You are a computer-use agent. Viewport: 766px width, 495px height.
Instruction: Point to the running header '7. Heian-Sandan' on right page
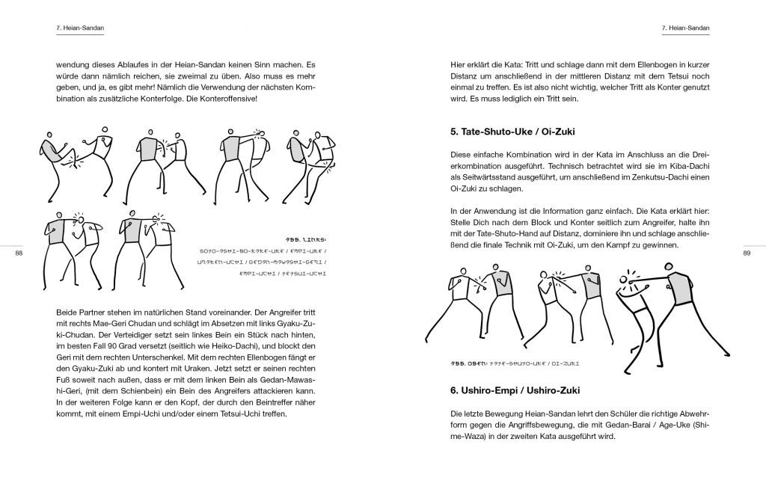[x=685, y=28]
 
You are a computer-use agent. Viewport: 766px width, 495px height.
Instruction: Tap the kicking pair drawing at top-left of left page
[x=73, y=161]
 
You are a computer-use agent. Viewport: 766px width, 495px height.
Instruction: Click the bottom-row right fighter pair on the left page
[x=151, y=246]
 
